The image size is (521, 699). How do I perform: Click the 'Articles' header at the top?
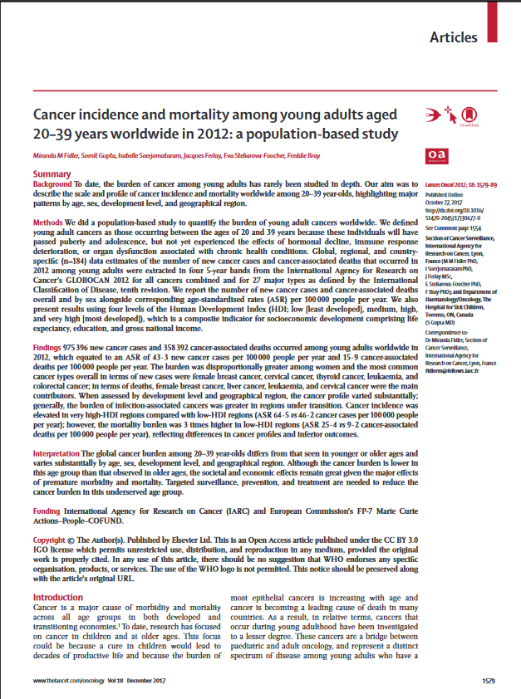coord(453,37)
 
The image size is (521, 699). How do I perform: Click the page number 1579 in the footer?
coord(489,681)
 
